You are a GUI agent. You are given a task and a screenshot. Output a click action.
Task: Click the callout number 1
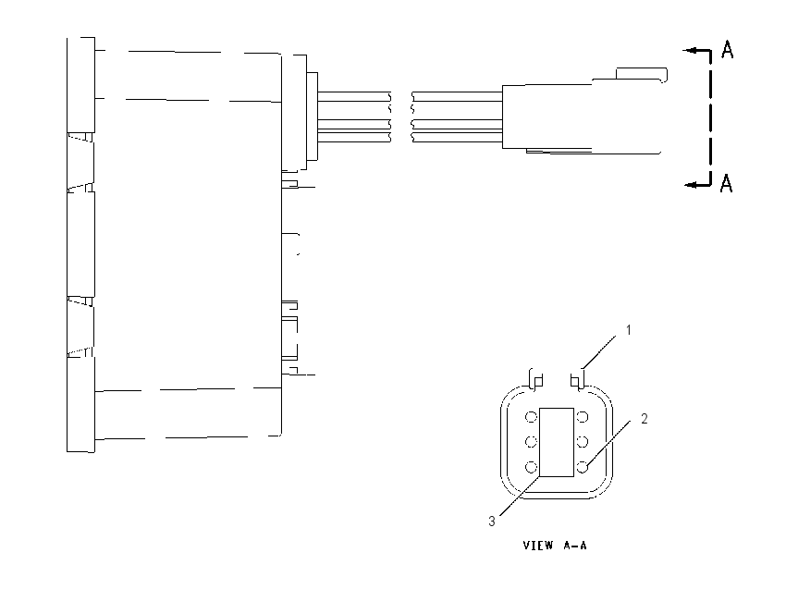click(628, 330)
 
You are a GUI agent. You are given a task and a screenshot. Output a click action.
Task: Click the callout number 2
click(645, 419)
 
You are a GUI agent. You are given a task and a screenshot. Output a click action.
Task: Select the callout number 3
click(492, 522)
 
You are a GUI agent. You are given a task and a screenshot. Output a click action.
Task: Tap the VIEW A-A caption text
click(555, 546)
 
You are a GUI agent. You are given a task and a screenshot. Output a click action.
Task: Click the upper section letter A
click(728, 49)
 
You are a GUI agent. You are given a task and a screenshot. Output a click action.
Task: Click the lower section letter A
click(726, 183)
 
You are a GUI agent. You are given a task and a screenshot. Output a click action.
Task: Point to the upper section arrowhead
click(688, 50)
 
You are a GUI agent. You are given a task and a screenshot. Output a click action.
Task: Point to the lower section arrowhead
click(691, 184)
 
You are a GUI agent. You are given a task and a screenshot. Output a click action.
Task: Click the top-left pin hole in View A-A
click(532, 417)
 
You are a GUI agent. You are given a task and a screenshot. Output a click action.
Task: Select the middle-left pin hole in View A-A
click(532, 442)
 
